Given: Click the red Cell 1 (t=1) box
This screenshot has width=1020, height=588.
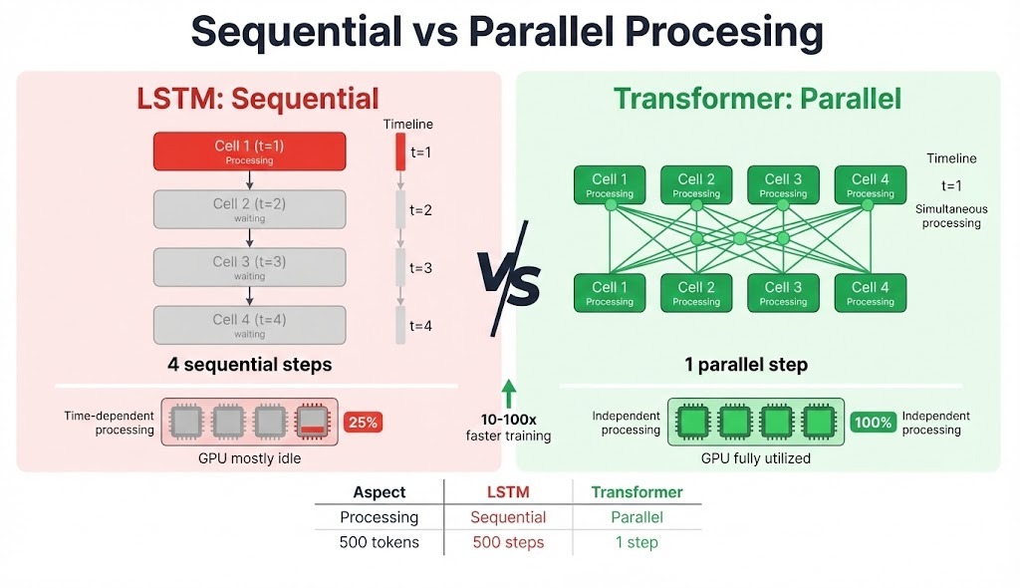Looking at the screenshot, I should (x=249, y=150).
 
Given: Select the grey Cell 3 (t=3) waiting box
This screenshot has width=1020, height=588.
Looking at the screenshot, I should (x=249, y=267).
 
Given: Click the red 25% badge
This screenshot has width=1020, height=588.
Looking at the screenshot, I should (x=364, y=422).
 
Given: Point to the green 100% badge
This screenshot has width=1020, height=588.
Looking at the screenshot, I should (x=873, y=422).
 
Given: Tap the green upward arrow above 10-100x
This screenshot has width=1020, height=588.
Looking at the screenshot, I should (x=509, y=391).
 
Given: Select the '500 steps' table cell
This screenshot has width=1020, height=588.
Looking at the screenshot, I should (x=508, y=543).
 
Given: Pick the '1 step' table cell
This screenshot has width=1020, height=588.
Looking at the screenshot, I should (x=637, y=543).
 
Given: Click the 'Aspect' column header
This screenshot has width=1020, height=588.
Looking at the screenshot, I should (x=379, y=492).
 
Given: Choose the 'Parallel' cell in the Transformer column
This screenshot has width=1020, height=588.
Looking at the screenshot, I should (x=637, y=517).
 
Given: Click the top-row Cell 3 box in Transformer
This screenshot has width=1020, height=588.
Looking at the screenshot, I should (x=783, y=184).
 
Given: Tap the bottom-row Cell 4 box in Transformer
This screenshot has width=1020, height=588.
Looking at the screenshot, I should (x=871, y=293).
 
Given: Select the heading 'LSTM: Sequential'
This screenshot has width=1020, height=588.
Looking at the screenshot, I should (x=258, y=99).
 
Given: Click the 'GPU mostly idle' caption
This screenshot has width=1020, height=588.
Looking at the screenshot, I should (x=249, y=458).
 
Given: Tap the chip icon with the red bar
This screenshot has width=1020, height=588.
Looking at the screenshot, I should (x=313, y=422).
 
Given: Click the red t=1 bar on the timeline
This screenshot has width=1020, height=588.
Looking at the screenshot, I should (x=400, y=151).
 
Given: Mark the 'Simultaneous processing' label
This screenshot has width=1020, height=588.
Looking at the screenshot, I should (x=951, y=215).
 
